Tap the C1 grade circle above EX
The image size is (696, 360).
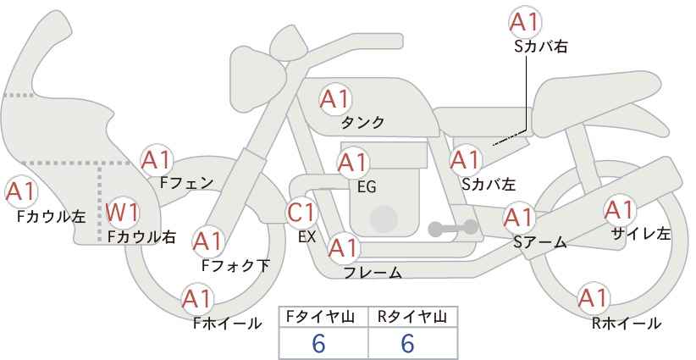tap(302, 211)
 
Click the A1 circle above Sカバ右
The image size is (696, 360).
tap(527, 22)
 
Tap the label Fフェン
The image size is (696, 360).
tap(185, 181)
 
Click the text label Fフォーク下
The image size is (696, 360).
tap(235, 266)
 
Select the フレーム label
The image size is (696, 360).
tap(373, 273)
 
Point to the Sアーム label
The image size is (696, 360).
tap(539, 241)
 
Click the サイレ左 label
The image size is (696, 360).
tap(640, 234)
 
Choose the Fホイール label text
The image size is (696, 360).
tap(227, 324)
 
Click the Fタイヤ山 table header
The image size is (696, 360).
tap(324, 316)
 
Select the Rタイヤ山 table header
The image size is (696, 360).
tap(412, 316)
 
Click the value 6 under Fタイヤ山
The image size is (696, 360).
tap(319, 344)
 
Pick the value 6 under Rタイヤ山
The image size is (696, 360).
tap(407, 344)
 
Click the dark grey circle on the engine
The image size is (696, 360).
tap(384, 218)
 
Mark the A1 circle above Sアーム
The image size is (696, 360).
tap(520, 218)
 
